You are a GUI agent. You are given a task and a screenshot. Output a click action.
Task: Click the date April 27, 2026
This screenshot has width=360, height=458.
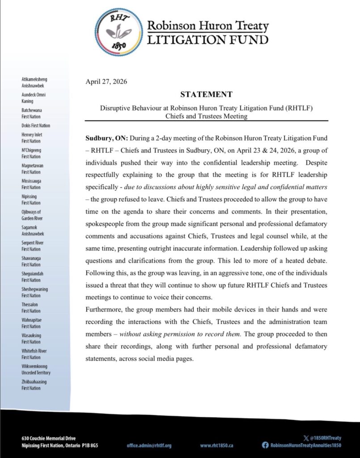(x=106, y=81)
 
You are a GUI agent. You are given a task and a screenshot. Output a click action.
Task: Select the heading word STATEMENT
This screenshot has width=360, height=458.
(x=206, y=94)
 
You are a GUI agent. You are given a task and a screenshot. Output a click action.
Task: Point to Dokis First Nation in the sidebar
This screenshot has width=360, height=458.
(x=36, y=126)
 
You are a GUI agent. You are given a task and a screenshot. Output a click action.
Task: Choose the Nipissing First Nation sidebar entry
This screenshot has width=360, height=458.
(x=31, y=199)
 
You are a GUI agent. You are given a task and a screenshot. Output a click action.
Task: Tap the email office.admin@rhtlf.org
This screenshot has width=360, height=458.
(x=149, y=445)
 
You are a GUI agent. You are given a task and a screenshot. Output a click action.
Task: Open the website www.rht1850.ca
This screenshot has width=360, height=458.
(x=217, y=445)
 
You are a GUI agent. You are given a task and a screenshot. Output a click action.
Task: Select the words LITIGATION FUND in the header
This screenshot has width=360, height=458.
(x=208, y=40)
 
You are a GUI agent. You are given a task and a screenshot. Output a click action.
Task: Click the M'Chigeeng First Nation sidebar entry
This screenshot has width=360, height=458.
(x=31, y=153)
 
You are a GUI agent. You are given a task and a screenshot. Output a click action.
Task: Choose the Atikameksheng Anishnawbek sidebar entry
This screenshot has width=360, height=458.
(x=33, y=82)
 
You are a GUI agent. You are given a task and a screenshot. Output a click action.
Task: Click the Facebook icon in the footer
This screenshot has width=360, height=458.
(x=265, y=445)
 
